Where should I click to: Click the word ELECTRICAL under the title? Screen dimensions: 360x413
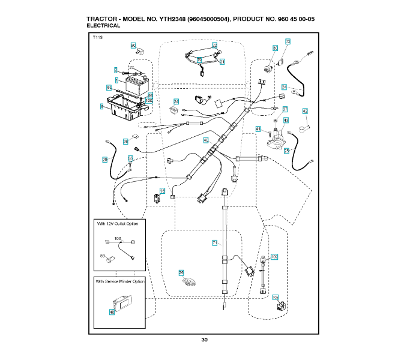click(103, 26)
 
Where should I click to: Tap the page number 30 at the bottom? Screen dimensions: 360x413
click(205, 340)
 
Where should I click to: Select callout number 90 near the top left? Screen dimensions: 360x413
click(133, 46)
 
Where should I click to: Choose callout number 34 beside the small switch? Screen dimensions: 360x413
click(176, 101)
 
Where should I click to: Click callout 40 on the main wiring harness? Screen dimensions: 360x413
click(205, 140)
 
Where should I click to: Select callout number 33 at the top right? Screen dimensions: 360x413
click(288, 41)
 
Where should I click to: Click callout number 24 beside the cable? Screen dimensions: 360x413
click(284, 87)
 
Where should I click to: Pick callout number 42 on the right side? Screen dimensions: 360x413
click(305, 112)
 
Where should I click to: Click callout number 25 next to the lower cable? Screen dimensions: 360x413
click(286, 151)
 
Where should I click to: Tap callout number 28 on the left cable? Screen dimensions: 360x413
click(104, 160)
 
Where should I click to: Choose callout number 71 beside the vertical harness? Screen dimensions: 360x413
click(214, 242)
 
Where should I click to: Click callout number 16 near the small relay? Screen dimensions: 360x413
click(161, 191)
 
